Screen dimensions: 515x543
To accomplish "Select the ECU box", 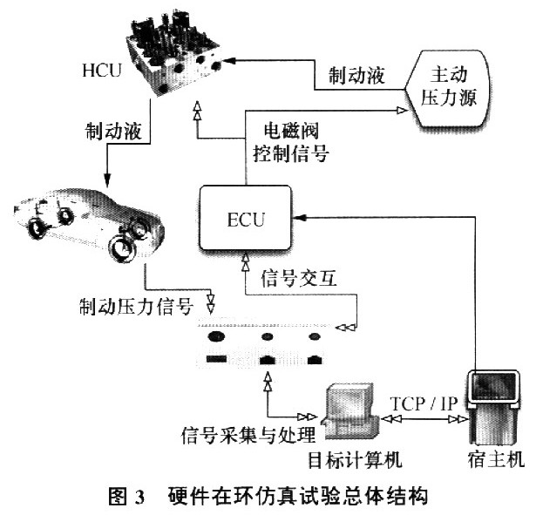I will point(245,215).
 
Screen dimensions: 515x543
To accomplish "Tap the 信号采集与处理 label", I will point(250,433).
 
